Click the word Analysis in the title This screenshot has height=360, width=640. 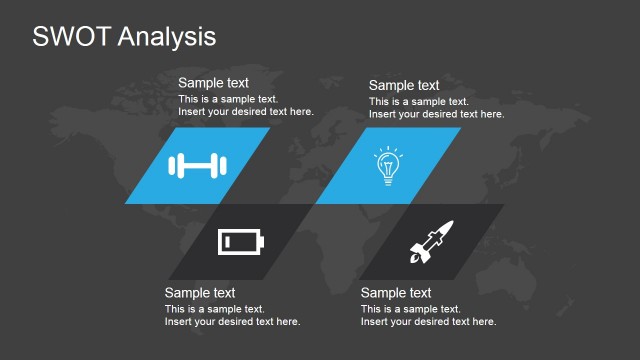165,38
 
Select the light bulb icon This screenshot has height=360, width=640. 387,165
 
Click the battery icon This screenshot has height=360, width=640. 243,242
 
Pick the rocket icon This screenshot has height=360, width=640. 431,242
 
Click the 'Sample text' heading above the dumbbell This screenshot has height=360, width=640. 213,83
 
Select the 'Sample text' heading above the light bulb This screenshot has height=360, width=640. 404,85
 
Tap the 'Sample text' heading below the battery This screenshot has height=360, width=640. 200,293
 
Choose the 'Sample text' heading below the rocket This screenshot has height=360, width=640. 396,293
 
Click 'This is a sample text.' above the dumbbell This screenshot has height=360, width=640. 228,100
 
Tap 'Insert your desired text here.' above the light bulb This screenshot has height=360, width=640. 436,114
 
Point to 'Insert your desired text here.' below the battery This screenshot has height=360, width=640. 232,321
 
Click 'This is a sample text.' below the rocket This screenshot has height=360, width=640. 410,309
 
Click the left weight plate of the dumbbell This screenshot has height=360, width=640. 175,165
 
